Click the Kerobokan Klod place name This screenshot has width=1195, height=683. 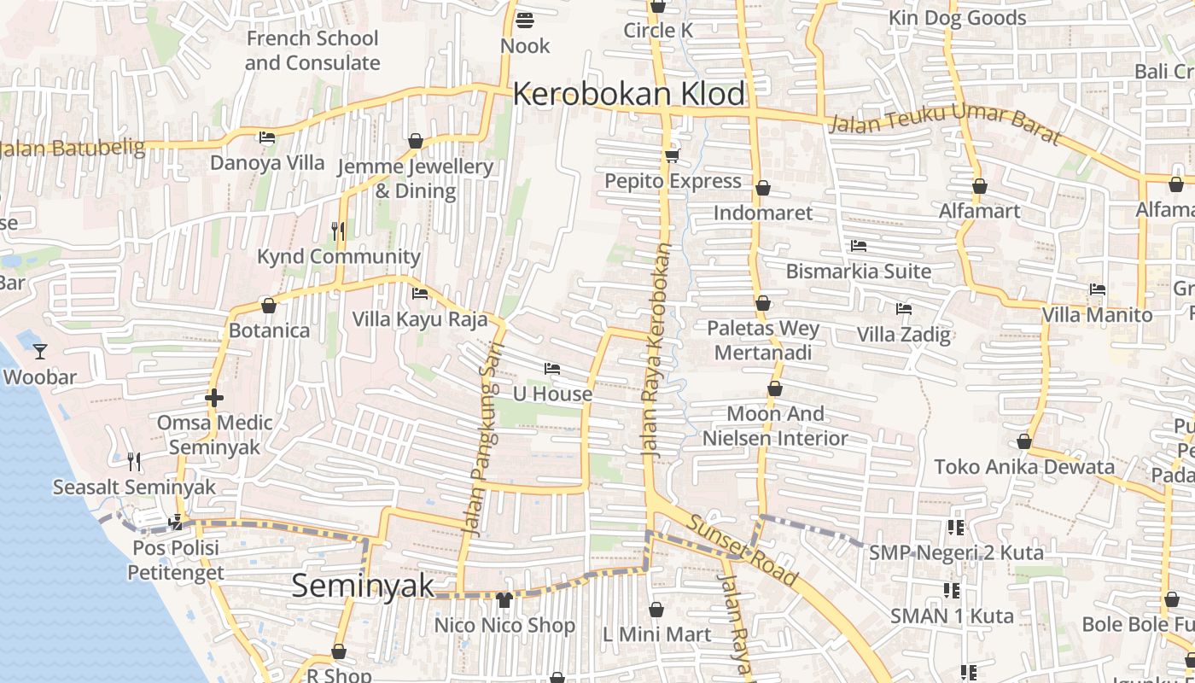point(629,94)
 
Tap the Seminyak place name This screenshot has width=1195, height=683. point(363,586)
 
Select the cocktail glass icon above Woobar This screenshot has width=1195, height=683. point(39,351)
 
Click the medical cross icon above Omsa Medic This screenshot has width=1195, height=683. point(214,398)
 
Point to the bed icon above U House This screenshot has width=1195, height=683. point(552,369)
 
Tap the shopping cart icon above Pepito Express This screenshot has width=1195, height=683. point(673,155)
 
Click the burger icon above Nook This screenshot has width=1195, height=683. point(525,20)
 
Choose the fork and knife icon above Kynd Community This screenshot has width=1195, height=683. point(338,231)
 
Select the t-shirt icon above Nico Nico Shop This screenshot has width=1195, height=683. point(504,599)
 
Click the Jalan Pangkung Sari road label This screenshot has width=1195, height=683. point(484,438)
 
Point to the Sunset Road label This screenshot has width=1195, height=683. point(743,551)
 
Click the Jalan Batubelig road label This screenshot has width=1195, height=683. point(73,149)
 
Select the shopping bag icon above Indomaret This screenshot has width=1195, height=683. point(762,187)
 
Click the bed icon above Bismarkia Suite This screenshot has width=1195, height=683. point(859,246)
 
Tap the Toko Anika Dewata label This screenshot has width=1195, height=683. point(1024,467)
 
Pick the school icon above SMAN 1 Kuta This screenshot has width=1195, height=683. point(952,590)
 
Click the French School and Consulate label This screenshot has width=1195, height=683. point(312,50)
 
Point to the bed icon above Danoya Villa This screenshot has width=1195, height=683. point(267,137)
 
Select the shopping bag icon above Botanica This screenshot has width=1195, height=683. point(269,306)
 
